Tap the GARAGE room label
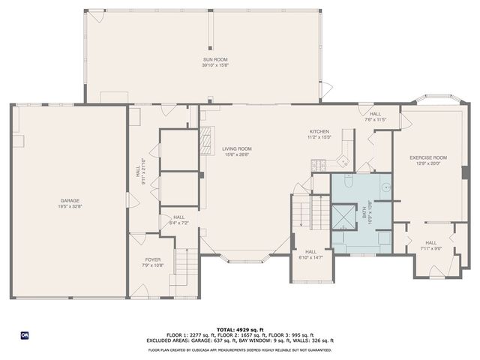pyautogui.click(x=70, y=200)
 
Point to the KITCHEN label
pyautogui.click(x=319, y=130)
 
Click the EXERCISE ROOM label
pyautogui.click(x=428, y=157)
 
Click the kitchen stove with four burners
pyautogui.click(x=318, y=165)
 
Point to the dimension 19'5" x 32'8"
pyautogui.click(x=70, y=205)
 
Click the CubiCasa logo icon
pyautogui.click(x=24, y=334)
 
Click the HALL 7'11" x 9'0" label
pyautogui.click(x=431, y=245)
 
